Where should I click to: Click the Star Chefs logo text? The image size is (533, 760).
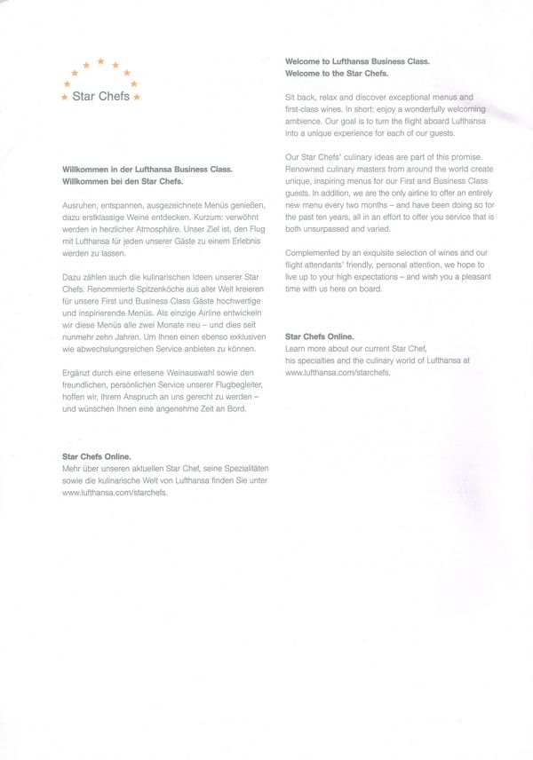click(101, 96)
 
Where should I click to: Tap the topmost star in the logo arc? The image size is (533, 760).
click(100, 61)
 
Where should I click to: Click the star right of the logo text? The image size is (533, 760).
click(136, 96)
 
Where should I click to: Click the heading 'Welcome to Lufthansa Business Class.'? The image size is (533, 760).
click(357, 61)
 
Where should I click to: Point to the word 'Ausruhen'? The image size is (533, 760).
click(82, 204)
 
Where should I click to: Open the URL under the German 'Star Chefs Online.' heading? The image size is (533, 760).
click(115, 491)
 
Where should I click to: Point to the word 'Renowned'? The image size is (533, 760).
click(305, 169)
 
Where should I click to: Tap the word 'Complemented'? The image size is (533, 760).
click(314, 253)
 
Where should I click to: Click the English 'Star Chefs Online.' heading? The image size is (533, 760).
click(320, 337)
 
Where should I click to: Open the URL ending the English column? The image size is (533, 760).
click(338, 373)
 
